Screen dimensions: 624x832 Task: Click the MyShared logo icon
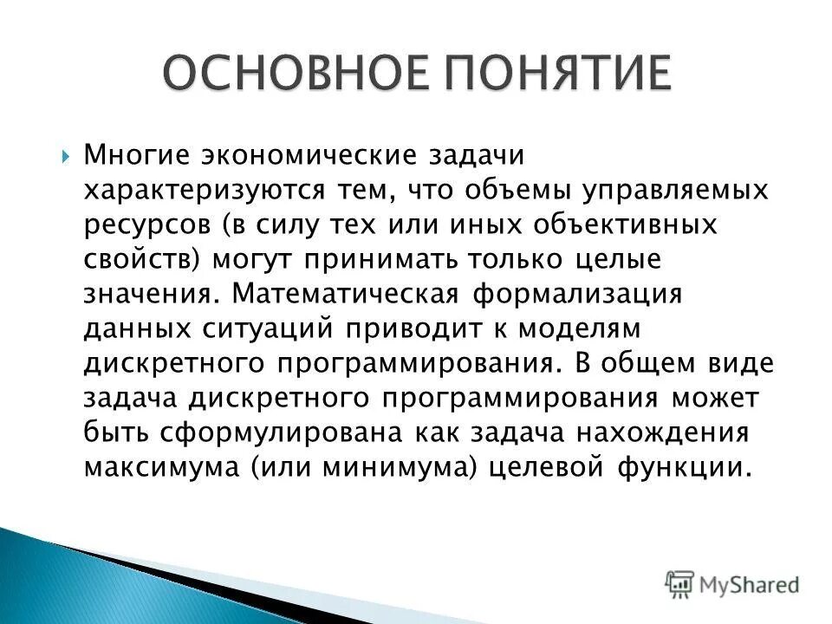click(x=679, y=583)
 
